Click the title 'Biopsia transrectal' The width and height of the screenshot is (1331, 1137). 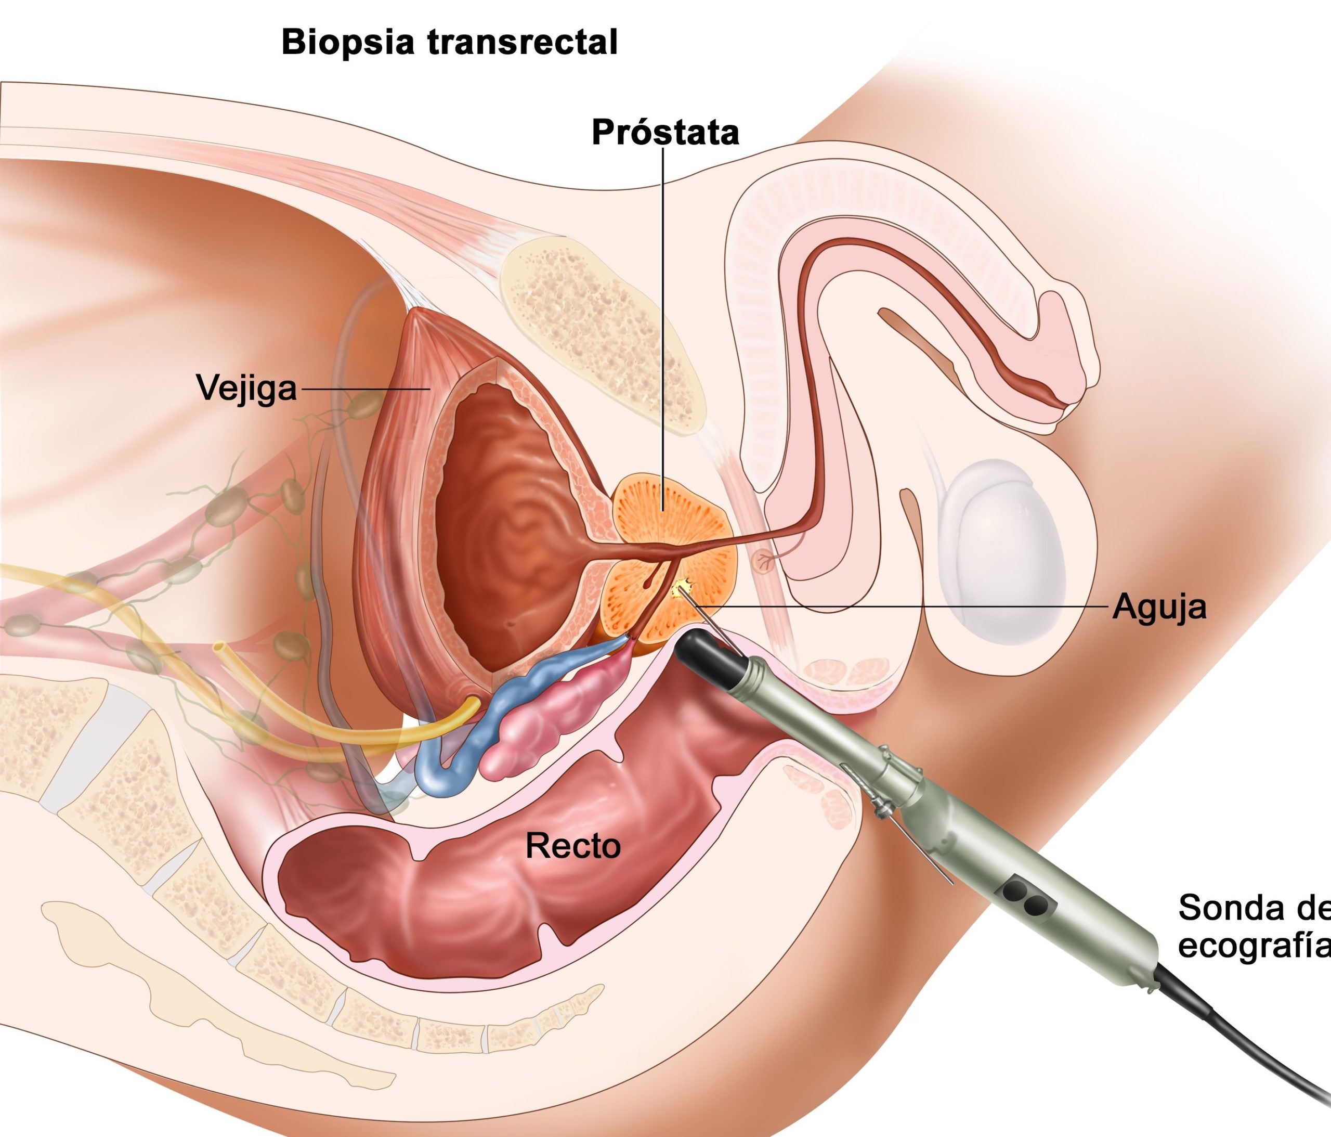click(x=449, y=43)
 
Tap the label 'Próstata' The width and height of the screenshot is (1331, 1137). click(x=665, y=133)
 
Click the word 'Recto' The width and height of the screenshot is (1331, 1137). click(x=573, y=846)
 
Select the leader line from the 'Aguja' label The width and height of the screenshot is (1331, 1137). click(x=899, y=606)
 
